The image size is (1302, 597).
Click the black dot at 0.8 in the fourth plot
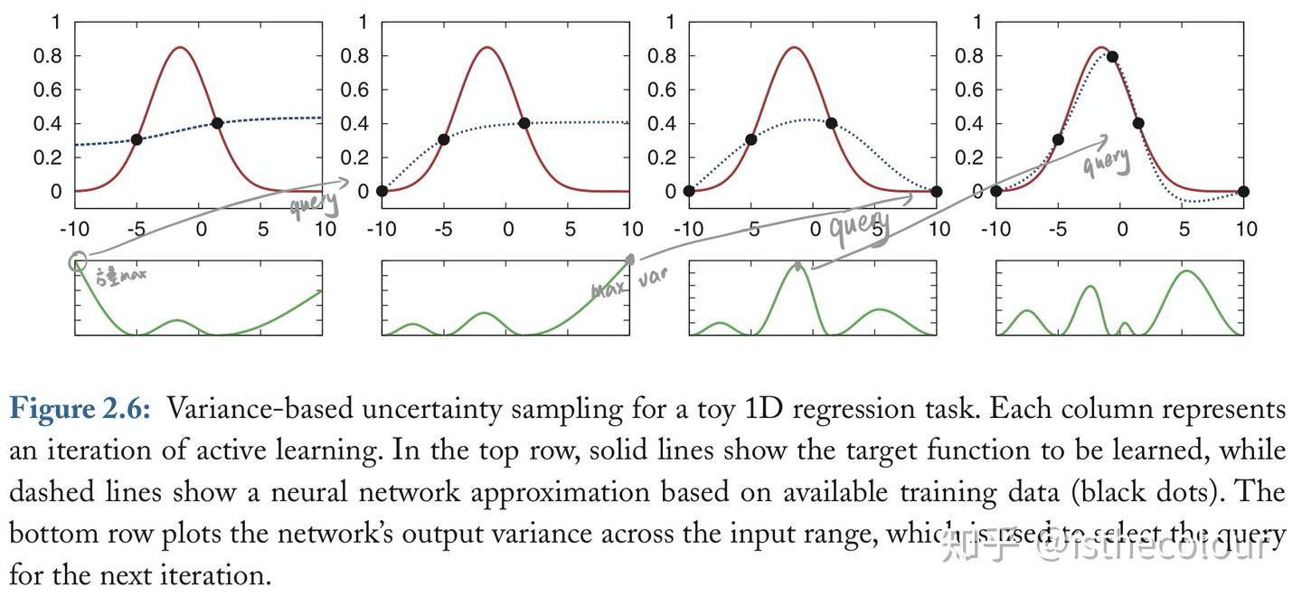tap(1112, 57)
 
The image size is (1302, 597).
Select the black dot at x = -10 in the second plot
tap(382, 191)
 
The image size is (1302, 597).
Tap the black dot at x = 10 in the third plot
tap(936, 191)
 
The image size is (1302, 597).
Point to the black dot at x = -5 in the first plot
tap(137, 139)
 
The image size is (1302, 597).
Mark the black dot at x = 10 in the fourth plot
tap(1243, 191)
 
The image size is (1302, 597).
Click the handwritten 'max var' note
tap(629, 284)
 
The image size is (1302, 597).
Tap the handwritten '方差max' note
tap(120, 275)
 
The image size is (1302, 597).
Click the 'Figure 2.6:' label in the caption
tap(80, 409)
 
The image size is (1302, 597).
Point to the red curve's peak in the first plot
tap(180, 47)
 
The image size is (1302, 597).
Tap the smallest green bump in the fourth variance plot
tap(1124, 325)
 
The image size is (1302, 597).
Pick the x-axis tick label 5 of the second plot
tap(570, 229)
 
